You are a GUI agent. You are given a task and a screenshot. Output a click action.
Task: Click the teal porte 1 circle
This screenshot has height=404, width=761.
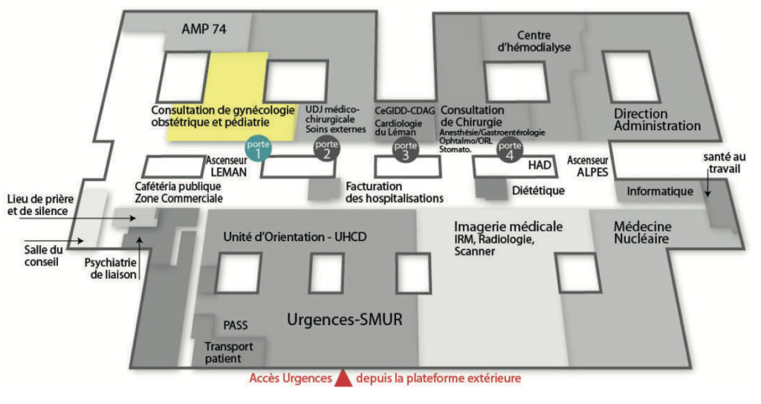[x=257, y=150]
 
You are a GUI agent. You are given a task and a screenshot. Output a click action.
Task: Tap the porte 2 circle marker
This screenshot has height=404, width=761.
[x=326, y=150]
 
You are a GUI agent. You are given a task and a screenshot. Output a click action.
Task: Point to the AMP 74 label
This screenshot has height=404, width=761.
[x=204, y=29]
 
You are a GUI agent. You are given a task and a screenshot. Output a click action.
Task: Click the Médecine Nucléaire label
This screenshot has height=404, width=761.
[x=643, y=233]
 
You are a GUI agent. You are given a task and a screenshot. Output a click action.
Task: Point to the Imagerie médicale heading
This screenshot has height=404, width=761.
[x=508, y=226]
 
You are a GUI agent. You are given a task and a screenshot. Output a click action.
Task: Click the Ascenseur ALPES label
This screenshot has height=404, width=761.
[x=588, y=165]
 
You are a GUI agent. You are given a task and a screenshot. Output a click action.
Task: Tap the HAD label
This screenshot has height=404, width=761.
[x=543, y=164]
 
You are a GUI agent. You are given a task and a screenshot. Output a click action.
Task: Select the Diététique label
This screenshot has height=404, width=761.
[x=538, y=190]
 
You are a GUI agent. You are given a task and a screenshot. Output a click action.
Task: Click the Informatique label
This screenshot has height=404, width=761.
[x=660, y=191]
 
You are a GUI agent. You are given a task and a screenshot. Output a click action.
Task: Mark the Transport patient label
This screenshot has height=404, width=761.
[x=229, y=353]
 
